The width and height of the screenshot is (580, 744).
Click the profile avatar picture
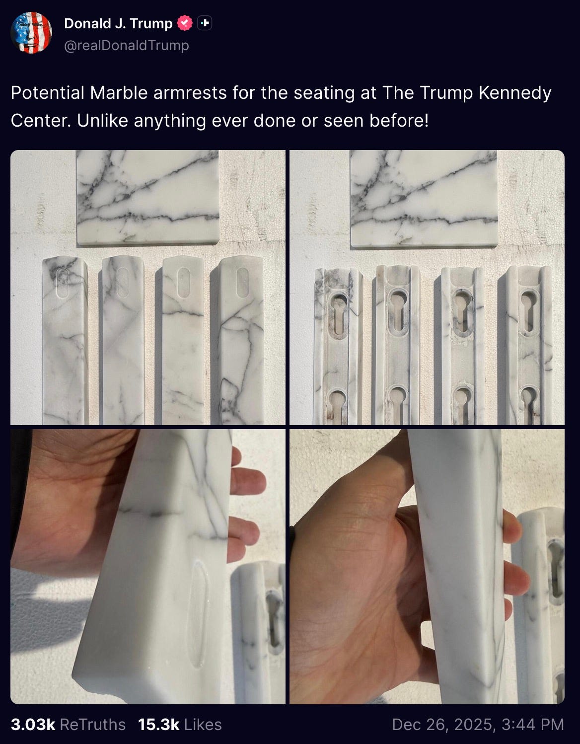pyautogui.click(x=31, y=32)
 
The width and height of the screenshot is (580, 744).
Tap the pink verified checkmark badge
pyautogui.click(x=185, y=23)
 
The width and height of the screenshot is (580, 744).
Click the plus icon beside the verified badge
pyautogui.click(x=205, y=23)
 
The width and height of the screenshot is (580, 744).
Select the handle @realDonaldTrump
pyautogui.click(x=126, y=46)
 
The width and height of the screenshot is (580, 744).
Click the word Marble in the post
pyautogui.click(x=118, y=93)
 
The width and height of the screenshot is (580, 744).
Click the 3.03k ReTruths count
pyautogui.click(x=68, y=725)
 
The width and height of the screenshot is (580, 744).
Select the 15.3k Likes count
pyautogui.click(x=180, y=725)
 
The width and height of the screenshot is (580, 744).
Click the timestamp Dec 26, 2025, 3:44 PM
pyautogui.click(x=478, y=725)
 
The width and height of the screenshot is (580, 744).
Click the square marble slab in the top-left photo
pyautogui.click(x=148, y=197)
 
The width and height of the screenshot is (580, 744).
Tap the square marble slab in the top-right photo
pyautogui.click(x=424, y=199)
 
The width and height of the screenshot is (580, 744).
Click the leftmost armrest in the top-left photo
pyautogui.click(x=65, y=341)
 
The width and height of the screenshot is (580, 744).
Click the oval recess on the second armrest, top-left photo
pyautogui.click(x=123, y=283)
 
